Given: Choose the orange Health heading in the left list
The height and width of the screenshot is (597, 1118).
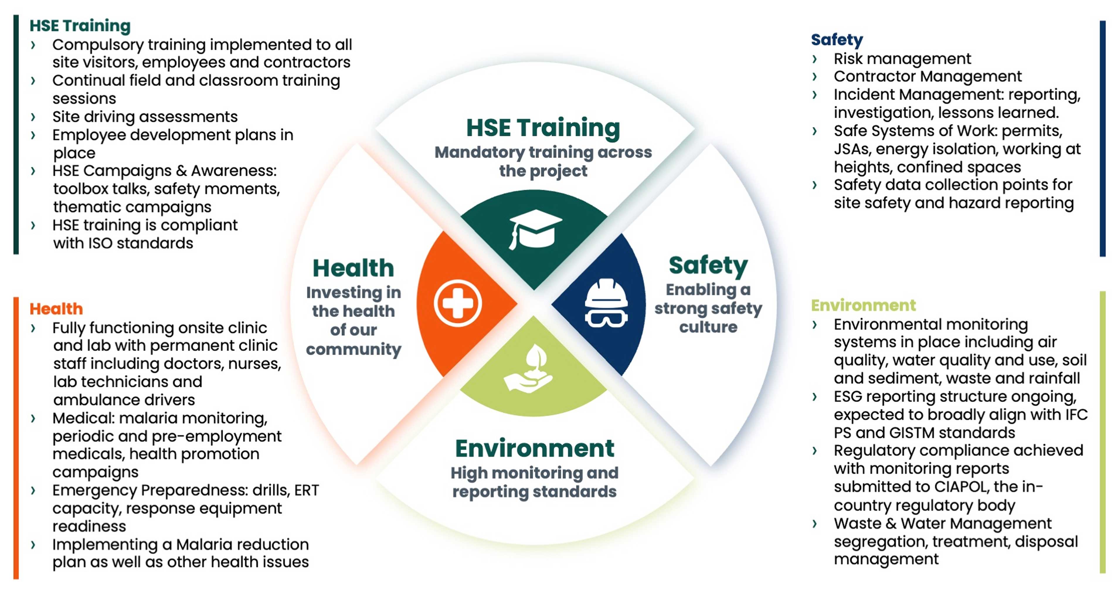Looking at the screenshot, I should [56, 309].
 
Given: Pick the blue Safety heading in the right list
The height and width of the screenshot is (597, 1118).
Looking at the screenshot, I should [837, 40].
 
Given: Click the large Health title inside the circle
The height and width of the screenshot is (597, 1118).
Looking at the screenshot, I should [353, 268].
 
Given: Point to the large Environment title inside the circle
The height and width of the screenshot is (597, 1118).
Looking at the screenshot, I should [535, 449].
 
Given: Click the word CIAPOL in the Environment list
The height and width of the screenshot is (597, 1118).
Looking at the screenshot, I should [961, 487].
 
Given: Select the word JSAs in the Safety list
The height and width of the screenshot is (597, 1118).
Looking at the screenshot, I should [851, 149].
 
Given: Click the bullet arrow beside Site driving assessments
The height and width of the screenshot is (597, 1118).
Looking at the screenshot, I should [33, 116].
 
